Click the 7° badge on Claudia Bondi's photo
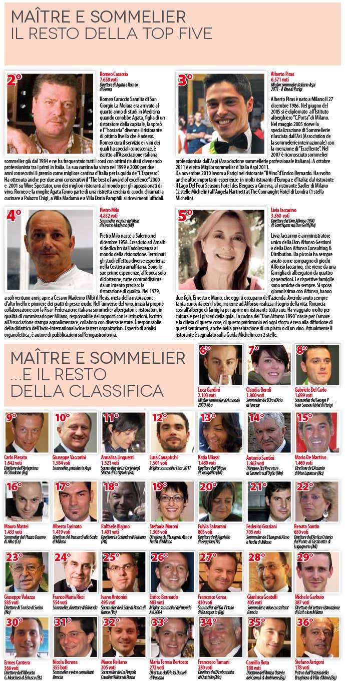point(254,350)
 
